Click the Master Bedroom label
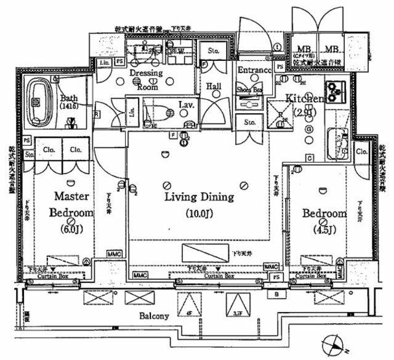(73, 204)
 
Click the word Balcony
(153, 316)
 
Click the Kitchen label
(304, 98)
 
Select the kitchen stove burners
(336, 91)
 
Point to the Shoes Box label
(249, 89)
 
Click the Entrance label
(255, 71)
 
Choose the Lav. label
(187, 105)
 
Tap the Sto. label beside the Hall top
(214, 50)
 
